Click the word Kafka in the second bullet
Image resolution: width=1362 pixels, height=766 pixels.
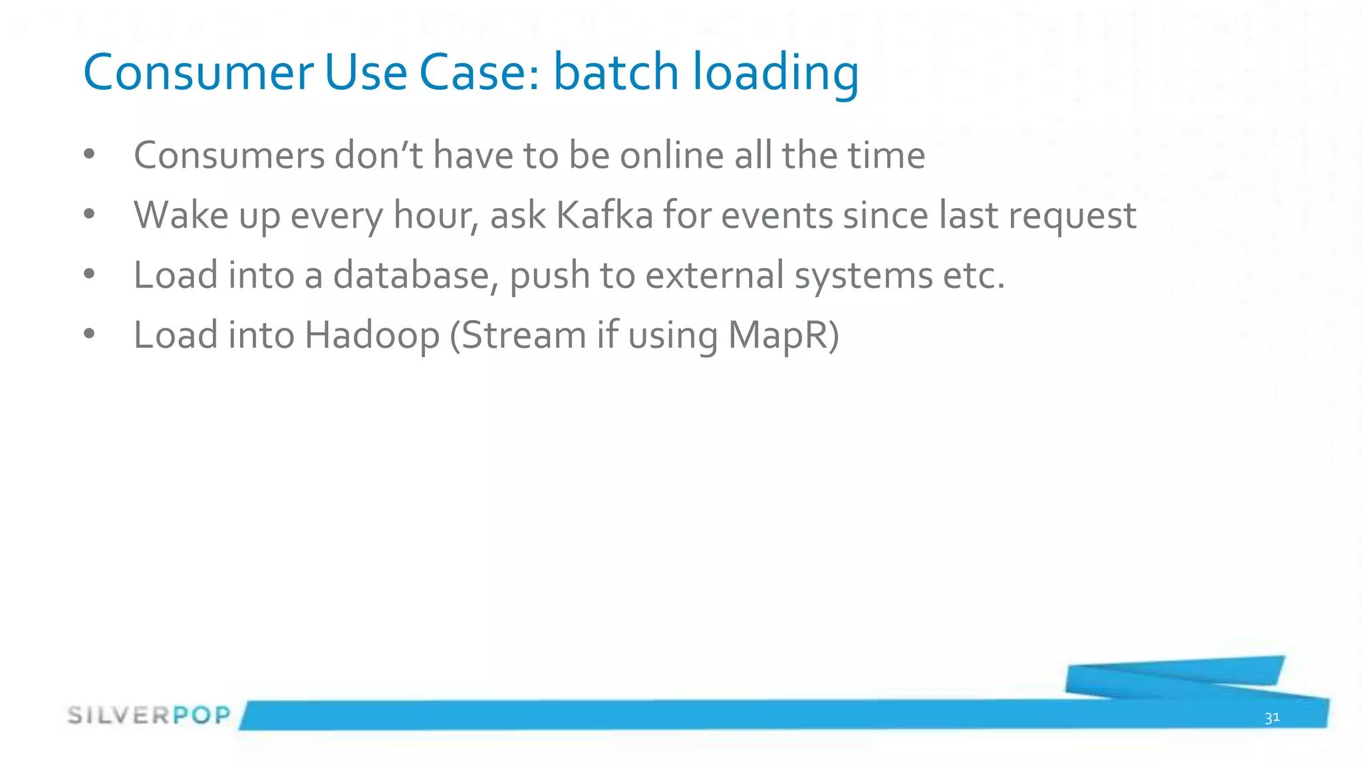click(605, 215)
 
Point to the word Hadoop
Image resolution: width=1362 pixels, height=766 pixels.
click(372, 335)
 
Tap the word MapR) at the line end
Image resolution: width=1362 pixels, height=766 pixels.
click(783, 335)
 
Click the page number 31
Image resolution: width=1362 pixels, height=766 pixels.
click(1272, 717)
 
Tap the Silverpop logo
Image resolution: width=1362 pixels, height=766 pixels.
click(149, 715)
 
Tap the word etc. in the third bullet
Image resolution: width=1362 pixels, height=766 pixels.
click(974, 276)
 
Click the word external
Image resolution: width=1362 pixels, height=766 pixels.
click(714, 275)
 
